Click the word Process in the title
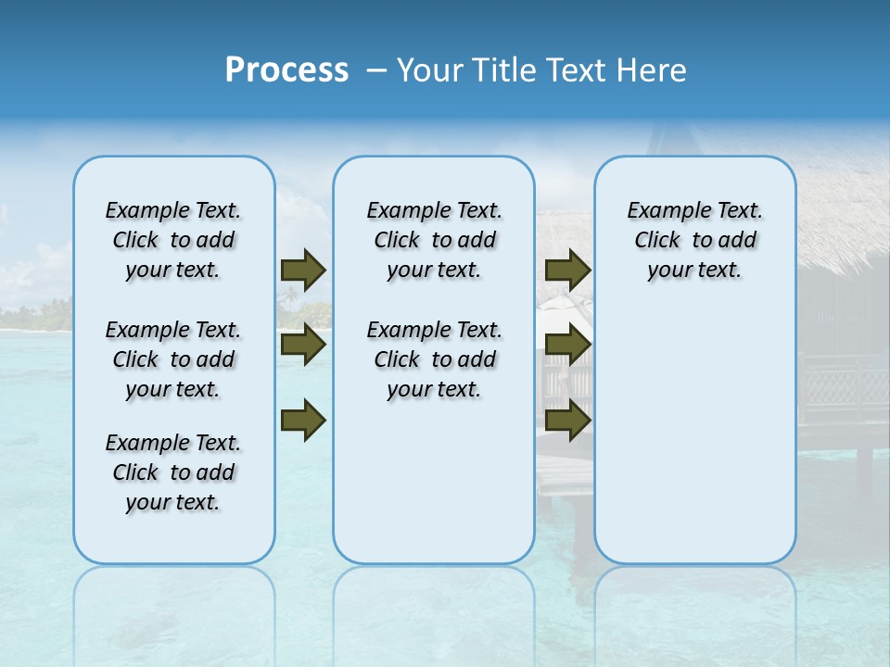(x=286, y=70)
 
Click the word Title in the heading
(x=502, y=70)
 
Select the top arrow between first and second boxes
(x=303, y=270)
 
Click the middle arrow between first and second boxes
(x=303, y=345)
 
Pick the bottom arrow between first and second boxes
(x=303, y=420)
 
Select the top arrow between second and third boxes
(x=567, y=270)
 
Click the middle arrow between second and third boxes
(x=567, y=345)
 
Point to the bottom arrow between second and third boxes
(x=567, y=420)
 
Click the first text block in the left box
(x=173, y=240)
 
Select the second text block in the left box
(x=173, y=359)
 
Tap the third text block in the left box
(x=173, y=472)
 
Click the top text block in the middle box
(x=434, y=240)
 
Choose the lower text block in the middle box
(x=434, y=359)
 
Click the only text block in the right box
(x=694, y=240)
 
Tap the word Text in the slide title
(x=576, y=70)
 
